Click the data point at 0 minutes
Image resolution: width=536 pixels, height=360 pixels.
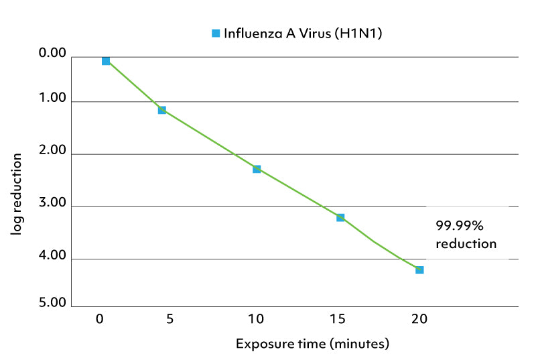(x=106, y=61)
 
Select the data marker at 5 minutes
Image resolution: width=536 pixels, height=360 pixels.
(x=162, y=110)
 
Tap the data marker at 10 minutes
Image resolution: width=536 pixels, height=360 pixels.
(x=257, y=169)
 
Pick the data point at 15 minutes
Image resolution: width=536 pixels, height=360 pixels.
(x=340, y=217)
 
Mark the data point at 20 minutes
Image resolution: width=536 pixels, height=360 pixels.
(x=419, y=269)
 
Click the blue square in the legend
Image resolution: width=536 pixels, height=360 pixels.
(x=216, y=33)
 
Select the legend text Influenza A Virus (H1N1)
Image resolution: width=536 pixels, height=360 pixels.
(x=303, y=33)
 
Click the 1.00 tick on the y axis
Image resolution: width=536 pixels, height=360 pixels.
(x=54, y=99)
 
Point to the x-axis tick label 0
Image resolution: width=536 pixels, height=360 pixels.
(x=99, y=319)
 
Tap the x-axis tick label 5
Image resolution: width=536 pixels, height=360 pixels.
(x=170, y=319)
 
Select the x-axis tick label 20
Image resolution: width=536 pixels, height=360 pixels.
(x=419, y=319)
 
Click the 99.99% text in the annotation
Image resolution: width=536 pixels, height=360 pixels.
(x=459, y=226)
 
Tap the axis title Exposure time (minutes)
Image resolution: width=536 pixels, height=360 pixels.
(x=312, y=345)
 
